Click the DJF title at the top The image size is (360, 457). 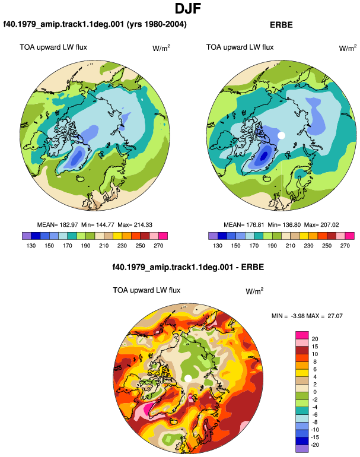(x=188, y=8)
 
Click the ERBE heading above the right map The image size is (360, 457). (x=281, y=25)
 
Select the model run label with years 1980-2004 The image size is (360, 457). (x=95, y=24)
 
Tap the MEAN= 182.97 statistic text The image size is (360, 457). (x=58, y=225)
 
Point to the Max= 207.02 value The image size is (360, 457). (x=321, y=225)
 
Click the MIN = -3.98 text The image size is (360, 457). (x=286, y=316)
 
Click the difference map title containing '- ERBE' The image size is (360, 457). (x=188, y=267)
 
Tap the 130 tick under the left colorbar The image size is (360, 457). (x=31, y=246)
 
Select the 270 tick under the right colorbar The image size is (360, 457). (x=345, y=246)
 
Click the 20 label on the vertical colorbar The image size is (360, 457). (x=315, y=339)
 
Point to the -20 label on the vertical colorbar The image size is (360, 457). (x=315, y=445)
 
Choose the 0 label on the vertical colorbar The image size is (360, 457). (x=315, y=392)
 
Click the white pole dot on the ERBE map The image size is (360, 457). (x=281, y=135)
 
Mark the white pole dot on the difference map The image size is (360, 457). (x=188, y=379)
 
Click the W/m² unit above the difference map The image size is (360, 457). (x=254, y=291)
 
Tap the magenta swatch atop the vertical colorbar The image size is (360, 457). (x=302, y=335)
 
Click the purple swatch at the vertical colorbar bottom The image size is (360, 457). (x=302, y=449)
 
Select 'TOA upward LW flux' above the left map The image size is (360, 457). (x=53, y=47)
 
